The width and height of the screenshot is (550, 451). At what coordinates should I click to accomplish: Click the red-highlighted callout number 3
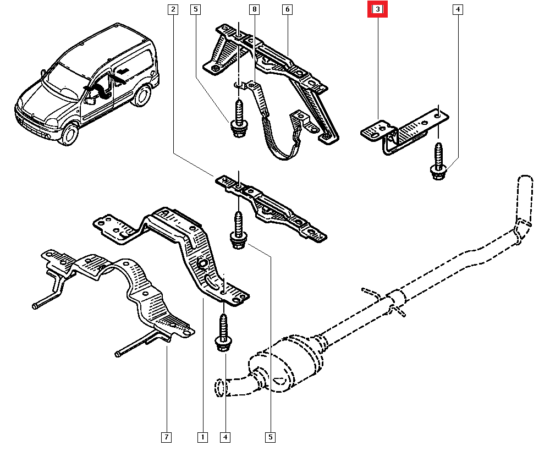click(378, 9)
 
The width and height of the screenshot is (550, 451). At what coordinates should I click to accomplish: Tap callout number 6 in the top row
click(288, 9)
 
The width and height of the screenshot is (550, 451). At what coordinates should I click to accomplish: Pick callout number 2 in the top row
click(173, 9)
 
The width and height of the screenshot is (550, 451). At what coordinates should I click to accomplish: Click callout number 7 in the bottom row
click(166, 437)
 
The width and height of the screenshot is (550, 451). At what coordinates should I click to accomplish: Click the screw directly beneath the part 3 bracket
click(438, 162)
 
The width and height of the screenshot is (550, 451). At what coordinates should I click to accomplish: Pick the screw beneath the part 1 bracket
click(224, 334)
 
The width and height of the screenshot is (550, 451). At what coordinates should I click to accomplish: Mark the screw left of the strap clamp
click(239, 119)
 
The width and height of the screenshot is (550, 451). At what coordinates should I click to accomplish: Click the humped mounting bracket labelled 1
click(182, 242)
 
